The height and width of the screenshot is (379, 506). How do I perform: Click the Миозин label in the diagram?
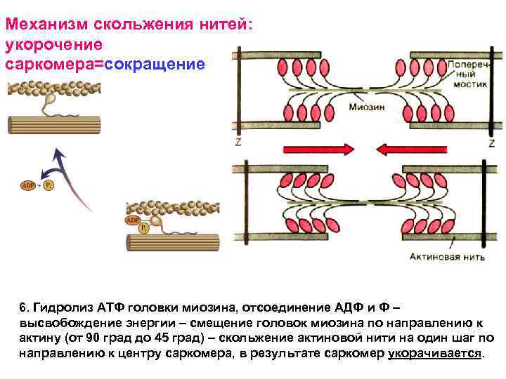pos(366,107)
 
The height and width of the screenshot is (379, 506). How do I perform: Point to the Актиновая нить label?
pos(448,257)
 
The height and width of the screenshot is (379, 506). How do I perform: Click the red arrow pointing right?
pos(316,149)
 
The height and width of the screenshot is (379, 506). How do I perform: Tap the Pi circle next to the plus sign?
pos(47,185)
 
